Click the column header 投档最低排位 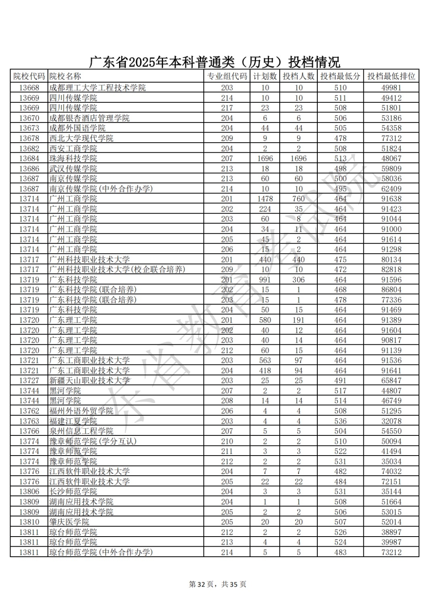[x=391, y=76]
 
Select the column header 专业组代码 [x=226, y=76]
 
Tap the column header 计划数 [x=265, y=76]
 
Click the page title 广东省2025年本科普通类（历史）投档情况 [x=214, y=62]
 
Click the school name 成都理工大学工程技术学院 [x=97, y=88]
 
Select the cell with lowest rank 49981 [x=391, y=88]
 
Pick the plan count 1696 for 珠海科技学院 [x=265, y=158]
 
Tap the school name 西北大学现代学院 [x=81, y=138]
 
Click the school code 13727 [x=29, y=381]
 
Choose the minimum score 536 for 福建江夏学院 [x=340, y=421]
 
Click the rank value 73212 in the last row [x=391, y=552]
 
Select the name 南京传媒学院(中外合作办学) [x=101, y=189]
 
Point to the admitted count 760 [x=298, y=199]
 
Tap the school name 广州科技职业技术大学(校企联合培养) [x=117, y=270]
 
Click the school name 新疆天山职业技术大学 [x=89, y=381]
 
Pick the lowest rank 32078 [x=391, y=421]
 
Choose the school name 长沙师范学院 [x=73, y=492]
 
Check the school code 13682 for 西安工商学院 [x=29, y=148]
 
